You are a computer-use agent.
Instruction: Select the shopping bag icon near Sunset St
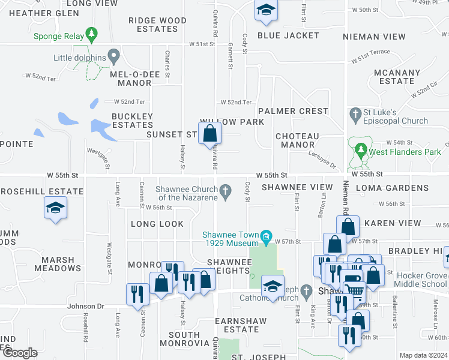point(209,133)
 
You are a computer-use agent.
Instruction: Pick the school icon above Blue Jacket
point(265,10)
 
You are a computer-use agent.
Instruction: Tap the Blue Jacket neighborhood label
point(288,35)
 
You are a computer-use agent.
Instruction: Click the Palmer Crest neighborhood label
point(294,111)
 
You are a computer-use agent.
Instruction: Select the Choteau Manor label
point(297,140)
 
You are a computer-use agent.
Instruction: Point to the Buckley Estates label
point(132,121)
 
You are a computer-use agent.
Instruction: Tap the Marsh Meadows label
point(58,264)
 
